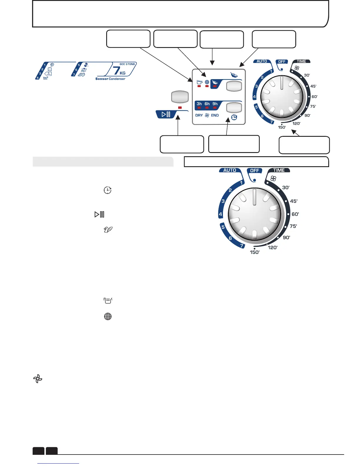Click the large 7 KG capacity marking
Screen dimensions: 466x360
(x=119, y=71)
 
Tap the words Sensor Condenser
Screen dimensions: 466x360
(x=110, y=79)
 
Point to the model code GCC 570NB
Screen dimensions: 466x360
(x=127, y=64)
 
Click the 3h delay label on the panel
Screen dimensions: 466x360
(x=199, y=104)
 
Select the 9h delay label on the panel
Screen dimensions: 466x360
(x=215, y=104)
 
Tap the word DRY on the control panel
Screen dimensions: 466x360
(x=199, y=115)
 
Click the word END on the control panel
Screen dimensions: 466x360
(x=215, y=115)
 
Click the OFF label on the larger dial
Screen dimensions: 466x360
(x=254, y=171)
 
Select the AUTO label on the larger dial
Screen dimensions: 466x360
(x=230, y=170)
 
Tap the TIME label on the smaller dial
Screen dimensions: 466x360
(x=301, y=61)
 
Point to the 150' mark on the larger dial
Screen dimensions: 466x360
(x=255, y=252)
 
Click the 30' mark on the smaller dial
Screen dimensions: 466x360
(x=307, y=75)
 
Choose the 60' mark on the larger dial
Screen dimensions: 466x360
(x=295, y=214)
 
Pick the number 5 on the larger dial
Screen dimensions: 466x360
(x=223, y=227)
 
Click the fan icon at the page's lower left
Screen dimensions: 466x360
(x=38, y=379)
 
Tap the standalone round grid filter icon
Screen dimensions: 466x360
(x=108, y=317)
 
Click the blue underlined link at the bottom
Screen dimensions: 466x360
(x=59, y=463)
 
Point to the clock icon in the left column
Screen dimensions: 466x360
(x=108, y=190)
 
